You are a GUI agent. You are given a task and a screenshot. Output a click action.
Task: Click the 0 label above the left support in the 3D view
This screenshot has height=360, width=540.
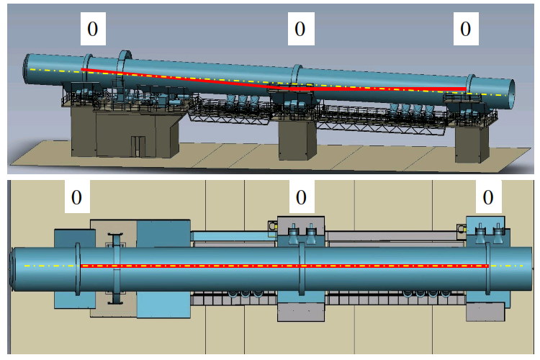pyautogui.click(x=93, y=29)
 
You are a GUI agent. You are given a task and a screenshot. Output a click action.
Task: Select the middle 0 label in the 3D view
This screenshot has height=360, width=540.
pyautogui.click(x=301, y=29)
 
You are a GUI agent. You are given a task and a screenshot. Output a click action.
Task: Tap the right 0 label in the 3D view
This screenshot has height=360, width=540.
pyautogui.click(x=466, y=29)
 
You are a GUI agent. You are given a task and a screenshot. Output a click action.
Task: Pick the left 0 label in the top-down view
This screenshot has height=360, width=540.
pyautogui.click(x=77, y=197)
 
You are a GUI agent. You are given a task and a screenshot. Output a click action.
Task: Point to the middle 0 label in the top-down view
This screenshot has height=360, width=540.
pyautogui.click(x=302, y=197)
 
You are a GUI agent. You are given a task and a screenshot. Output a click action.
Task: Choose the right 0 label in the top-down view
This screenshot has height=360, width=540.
pyautogui.click(x=489, y=197)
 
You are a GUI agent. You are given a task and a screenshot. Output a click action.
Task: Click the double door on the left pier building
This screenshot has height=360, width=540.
pyautogui.click(x=138, y=146)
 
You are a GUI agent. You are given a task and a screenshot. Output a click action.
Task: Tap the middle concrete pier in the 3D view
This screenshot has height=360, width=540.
pyautogui.click(x=297, y=140)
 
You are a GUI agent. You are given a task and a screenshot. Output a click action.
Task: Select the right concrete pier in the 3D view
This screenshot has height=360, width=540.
pyautogui.click(x=472, y=144)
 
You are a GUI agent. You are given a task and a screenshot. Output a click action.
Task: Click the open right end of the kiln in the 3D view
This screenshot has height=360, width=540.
pyautogui.click(x=511, y=94)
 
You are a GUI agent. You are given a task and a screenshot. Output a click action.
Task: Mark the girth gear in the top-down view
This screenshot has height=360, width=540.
pyautogui.click(x=116, y=269)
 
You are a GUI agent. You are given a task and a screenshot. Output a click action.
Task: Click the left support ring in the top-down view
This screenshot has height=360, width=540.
pyautogui.click(x=78, y=269)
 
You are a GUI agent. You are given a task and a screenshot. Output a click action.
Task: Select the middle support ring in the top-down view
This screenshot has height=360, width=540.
pyautogui.click(x=302, y=269)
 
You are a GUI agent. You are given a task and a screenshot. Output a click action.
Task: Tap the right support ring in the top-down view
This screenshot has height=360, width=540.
pyautogui.click(x=488, y=269)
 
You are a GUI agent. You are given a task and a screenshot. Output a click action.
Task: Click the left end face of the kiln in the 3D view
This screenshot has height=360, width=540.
pyautogui.click(x=26, y=68)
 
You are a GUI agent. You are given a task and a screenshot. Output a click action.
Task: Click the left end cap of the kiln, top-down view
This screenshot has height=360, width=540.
pyautogui.click(x=12, y=269)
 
